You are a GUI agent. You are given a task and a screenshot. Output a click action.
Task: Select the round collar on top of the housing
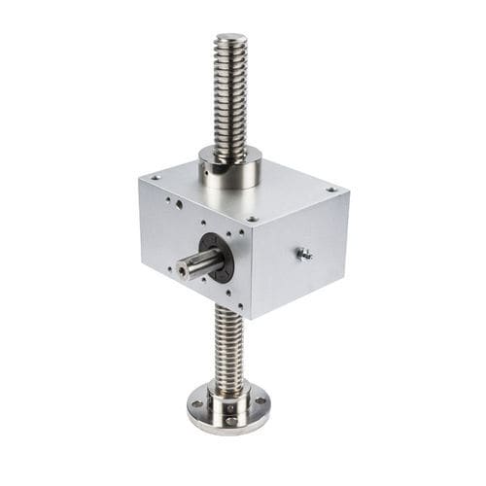point(230,168)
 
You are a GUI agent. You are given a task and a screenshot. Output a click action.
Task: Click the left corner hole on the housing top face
point(155,177)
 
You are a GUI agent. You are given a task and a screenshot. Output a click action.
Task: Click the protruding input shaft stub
point(193,263)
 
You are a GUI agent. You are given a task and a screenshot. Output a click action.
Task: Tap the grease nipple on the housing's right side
point(302,254)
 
